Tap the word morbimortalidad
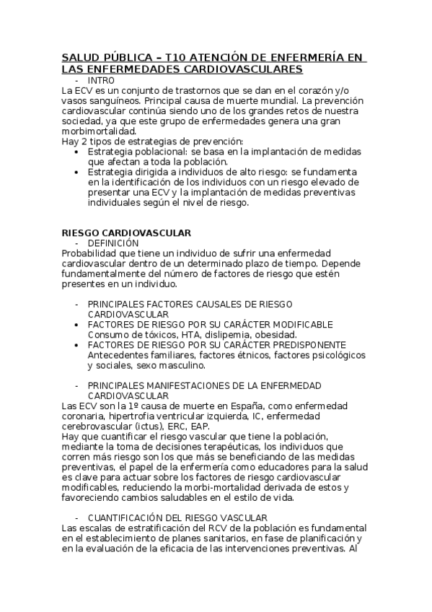click(x=98, y=131)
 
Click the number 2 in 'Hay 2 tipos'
click(x=84, y=142)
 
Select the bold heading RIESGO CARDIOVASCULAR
click(x=126, y=233)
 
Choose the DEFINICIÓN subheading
click(x=113, y=243)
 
